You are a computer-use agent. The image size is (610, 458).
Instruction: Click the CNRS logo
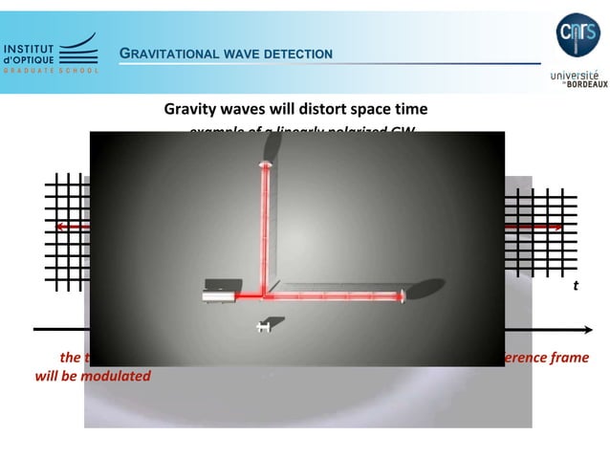pos(577,34)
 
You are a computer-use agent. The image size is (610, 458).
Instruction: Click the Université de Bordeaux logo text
pos(578,77)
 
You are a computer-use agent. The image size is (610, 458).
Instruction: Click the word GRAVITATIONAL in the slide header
pos(168,54)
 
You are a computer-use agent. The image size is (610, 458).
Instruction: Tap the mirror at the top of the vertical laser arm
pos(265,166)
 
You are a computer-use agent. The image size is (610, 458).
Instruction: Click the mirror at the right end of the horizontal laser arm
pos(405,298)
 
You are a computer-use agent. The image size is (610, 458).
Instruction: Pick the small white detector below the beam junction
pos(263,327)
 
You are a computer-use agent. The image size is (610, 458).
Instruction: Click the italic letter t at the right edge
pos(575,285)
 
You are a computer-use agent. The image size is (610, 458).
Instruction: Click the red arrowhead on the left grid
pos(60,227)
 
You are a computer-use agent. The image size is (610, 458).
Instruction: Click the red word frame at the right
pos(571,358)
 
